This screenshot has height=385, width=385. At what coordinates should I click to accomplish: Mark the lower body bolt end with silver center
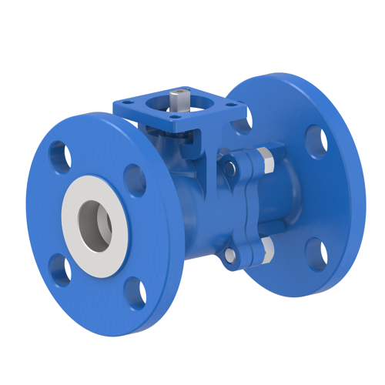pyautogui.click(x=229, y=254)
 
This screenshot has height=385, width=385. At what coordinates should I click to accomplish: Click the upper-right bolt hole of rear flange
pyautogui.click(x=316, y=140)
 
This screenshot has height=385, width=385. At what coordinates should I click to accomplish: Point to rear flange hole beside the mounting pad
pyautogui.click(x=241, y=125)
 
